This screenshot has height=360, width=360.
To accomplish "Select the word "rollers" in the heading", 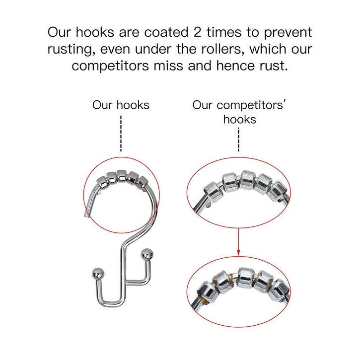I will pyautogui.click(x=219, y=49).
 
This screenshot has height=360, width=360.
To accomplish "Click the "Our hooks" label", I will pyautogui.click(x=121, y=105).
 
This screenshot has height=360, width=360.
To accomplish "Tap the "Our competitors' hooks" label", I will pyautogui.click(x=239, y=112).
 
